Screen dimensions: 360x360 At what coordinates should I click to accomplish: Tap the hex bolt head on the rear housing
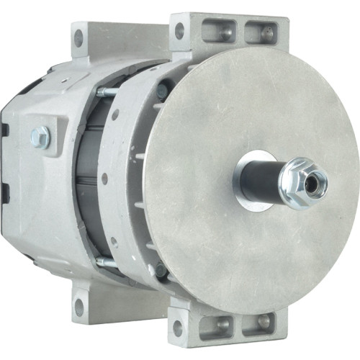pos(41,135)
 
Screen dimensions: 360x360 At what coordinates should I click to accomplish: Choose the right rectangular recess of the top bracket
pos(255,31)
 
